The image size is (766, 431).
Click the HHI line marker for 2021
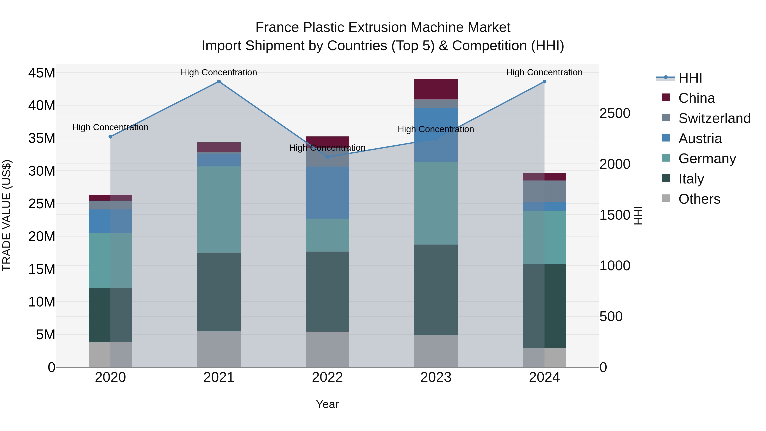click(219, 82)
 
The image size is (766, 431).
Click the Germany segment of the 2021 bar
click(219, 209)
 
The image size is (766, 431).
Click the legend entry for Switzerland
click(714, 118)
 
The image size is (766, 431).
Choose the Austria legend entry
click(700, 139)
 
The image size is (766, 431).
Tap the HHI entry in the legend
click(690, 78)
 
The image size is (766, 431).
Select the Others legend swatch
click(666, 198)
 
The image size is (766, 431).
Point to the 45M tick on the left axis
click(42, 73)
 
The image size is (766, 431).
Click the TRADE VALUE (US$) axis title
click(7, 215)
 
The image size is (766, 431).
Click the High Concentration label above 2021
click(219, 72)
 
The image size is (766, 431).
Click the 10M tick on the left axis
click(42, 302)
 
